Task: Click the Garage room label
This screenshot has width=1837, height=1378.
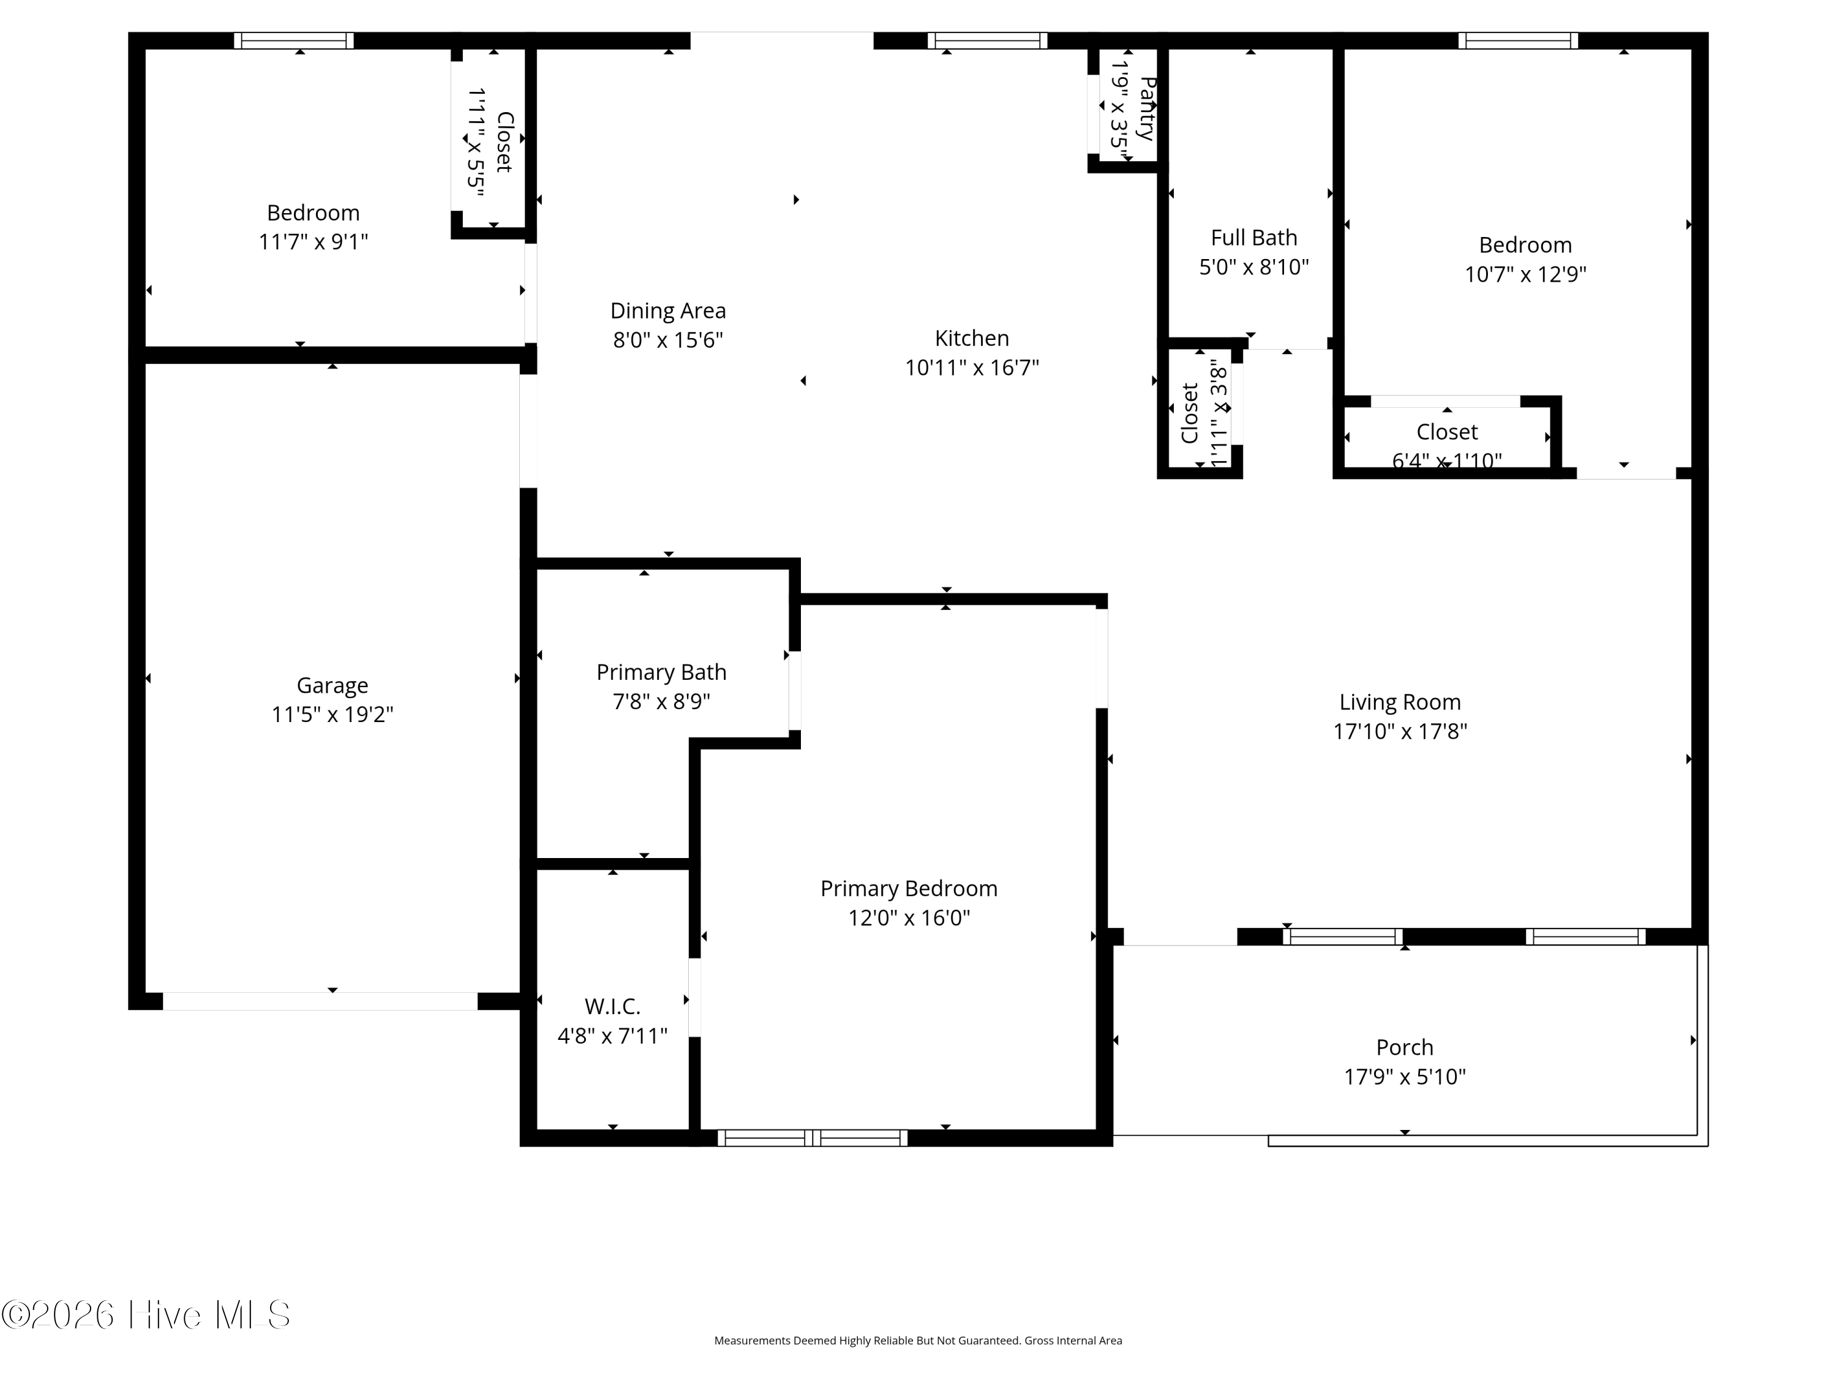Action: (332, 685)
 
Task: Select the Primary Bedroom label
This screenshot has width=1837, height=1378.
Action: (909, 889)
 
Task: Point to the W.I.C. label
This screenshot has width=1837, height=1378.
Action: (612, 1007)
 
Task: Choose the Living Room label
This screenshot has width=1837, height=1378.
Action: (1400, 702)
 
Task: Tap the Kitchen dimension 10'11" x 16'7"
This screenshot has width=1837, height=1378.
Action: (972, 367)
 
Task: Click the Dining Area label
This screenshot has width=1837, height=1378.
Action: (667, 311)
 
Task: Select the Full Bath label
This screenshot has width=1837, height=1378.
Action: (1254, 238)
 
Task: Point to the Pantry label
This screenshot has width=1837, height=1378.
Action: (1147, 108)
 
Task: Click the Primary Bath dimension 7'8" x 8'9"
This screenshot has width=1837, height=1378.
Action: (661, 702)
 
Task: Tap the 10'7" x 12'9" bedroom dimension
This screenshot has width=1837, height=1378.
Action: (1525, 274)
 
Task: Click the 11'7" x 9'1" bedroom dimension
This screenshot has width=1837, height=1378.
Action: (313, 242)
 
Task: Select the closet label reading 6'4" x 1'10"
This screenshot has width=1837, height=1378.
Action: (1447, 460)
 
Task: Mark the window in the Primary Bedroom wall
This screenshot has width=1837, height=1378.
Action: (812, 1138)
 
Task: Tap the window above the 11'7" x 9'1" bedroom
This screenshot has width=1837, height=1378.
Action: (293, 40)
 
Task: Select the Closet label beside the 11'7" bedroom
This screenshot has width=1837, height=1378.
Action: (504, 142)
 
